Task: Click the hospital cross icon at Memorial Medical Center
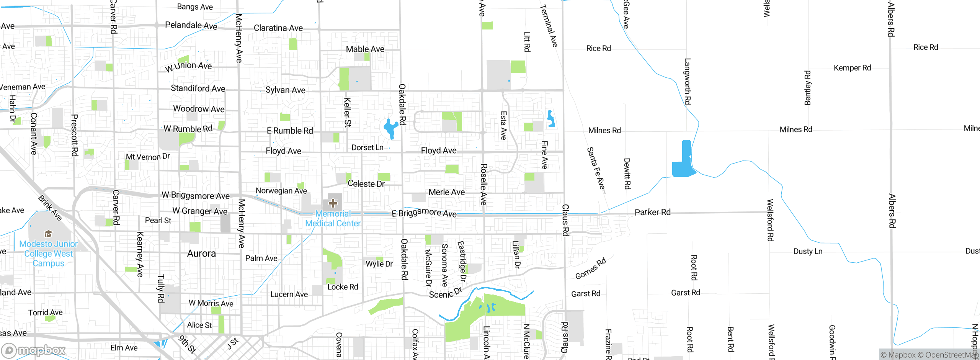(x=333, y=203)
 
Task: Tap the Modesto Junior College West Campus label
(x=48, y=254)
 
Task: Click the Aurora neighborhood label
(x=201, y=254)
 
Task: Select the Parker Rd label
(x=652, y=212)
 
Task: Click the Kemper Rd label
(x=852, y=68)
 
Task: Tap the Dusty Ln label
(x=808, y=252)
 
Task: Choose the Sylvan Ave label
(x=285, y=90)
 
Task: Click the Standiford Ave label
(x=198, y=88)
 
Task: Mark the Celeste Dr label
(x=366, y=184)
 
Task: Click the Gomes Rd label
(x=591, y=268)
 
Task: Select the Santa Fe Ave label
(x=596, y=169)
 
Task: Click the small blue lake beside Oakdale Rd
(x=390, y=129)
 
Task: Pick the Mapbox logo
(x=34, y=350)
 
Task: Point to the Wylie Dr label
(x=379, y=264)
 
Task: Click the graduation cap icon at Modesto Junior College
(x=48, y=234)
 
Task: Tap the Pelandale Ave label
(x=191, y=26)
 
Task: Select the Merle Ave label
(x=446, y=192)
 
